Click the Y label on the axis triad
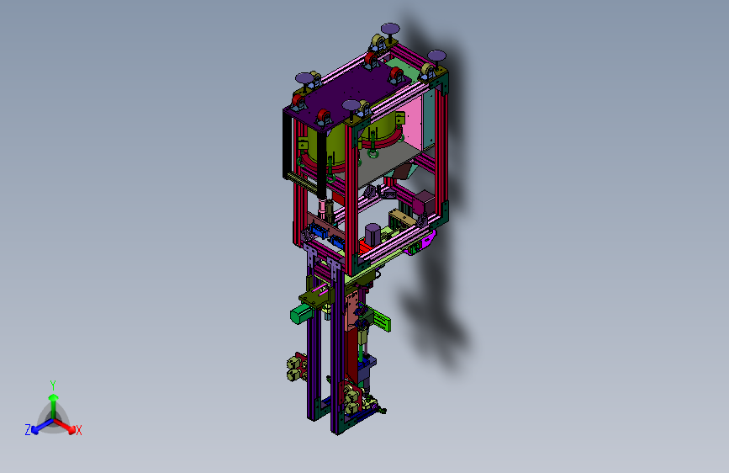[53, 385]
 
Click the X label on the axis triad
[79, 430]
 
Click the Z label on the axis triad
[28, 430]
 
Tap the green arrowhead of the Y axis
[54, 397]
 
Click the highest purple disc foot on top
[390, 29]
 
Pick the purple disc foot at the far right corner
[436, 56]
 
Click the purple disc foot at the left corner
[304, 77]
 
